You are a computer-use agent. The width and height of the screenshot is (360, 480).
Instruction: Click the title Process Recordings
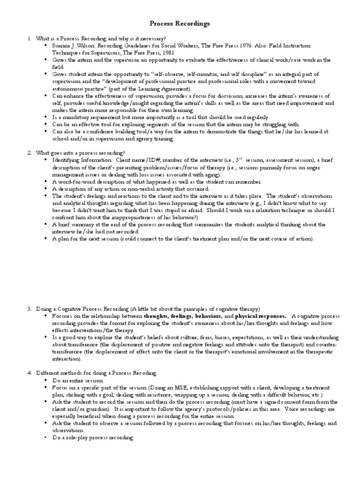[180, 23]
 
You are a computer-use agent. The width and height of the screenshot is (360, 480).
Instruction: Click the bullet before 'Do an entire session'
[45, 380]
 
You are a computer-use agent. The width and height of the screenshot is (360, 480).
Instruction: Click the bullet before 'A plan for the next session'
[45, 239]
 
